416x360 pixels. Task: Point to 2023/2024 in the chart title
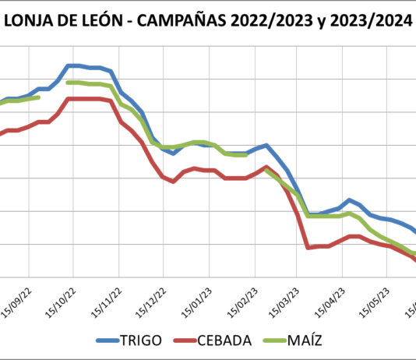click(x=370, y=21)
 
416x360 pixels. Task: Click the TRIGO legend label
click(x=141, y=340)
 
